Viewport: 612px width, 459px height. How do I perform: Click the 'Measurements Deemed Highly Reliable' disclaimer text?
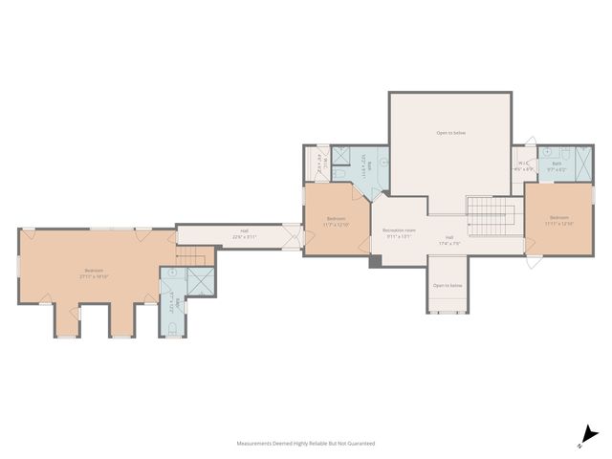pos(306,444)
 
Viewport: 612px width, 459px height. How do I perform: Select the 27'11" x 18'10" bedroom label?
pos(94,273)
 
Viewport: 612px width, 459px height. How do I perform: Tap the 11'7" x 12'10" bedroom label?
pos(337,222)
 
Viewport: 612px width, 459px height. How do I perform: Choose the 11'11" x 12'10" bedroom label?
pos(558,222)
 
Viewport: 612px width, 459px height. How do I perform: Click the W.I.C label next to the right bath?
pos(524,165)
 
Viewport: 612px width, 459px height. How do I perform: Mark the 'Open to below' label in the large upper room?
pos(450,132)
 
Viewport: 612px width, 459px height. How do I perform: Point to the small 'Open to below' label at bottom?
pos(448,285)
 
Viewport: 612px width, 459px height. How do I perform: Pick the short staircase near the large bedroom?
pos(193,256)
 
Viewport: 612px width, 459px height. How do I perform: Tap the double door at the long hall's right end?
pos(292,235)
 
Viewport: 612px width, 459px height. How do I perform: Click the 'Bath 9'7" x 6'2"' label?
pos(557,165)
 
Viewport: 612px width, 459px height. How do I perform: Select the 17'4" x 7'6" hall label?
pos(449,241)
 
